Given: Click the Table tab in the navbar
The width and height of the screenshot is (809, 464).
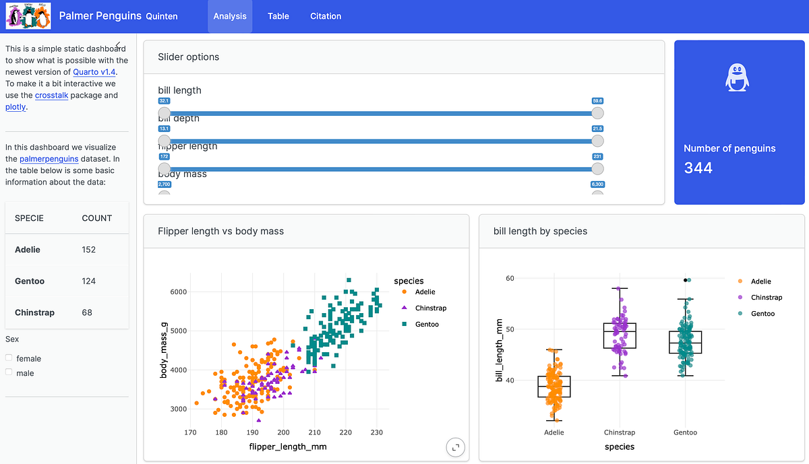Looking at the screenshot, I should click(x=278, y=16).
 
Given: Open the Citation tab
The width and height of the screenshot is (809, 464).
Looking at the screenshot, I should click(x=326, y=16).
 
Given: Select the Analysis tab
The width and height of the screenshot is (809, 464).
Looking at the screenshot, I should click(x=230, y=16).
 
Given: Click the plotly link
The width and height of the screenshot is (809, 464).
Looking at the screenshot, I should click(x=16, y=106).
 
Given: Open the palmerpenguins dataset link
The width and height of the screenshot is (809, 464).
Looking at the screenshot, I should click(x=49, y=159).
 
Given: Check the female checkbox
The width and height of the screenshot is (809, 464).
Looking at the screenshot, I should click(x=9, y=358).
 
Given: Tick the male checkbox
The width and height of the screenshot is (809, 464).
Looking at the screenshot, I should click(x=9, y=372).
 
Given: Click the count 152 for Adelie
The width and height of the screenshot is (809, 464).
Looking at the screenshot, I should click(x=89, y=250).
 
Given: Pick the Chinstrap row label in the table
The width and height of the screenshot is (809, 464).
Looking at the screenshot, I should click(x=34, y=312).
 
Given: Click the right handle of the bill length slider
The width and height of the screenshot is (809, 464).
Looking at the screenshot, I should click(x=597, y=113).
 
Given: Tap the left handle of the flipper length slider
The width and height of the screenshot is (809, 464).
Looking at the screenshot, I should click(x=164, y=168).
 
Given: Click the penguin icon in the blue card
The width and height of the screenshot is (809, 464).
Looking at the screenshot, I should click(x=738, y=77).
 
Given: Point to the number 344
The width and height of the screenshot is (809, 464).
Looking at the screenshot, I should click(x=698, y=168).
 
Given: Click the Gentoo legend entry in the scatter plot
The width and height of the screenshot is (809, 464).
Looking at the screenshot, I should click(x=426, y=325).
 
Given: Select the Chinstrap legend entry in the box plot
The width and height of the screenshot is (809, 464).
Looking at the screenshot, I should click(x=766, y=298).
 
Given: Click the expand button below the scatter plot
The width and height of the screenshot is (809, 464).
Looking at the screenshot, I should click(x=456, y=447).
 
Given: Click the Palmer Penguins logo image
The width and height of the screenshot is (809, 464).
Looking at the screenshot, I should click(x=28, y=16).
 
